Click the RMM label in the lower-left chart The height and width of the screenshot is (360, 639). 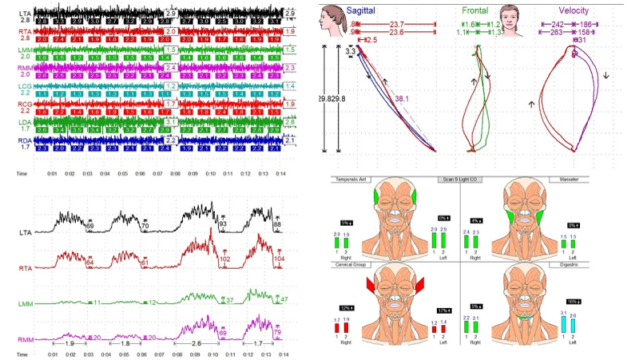click(x=26, y=340)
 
